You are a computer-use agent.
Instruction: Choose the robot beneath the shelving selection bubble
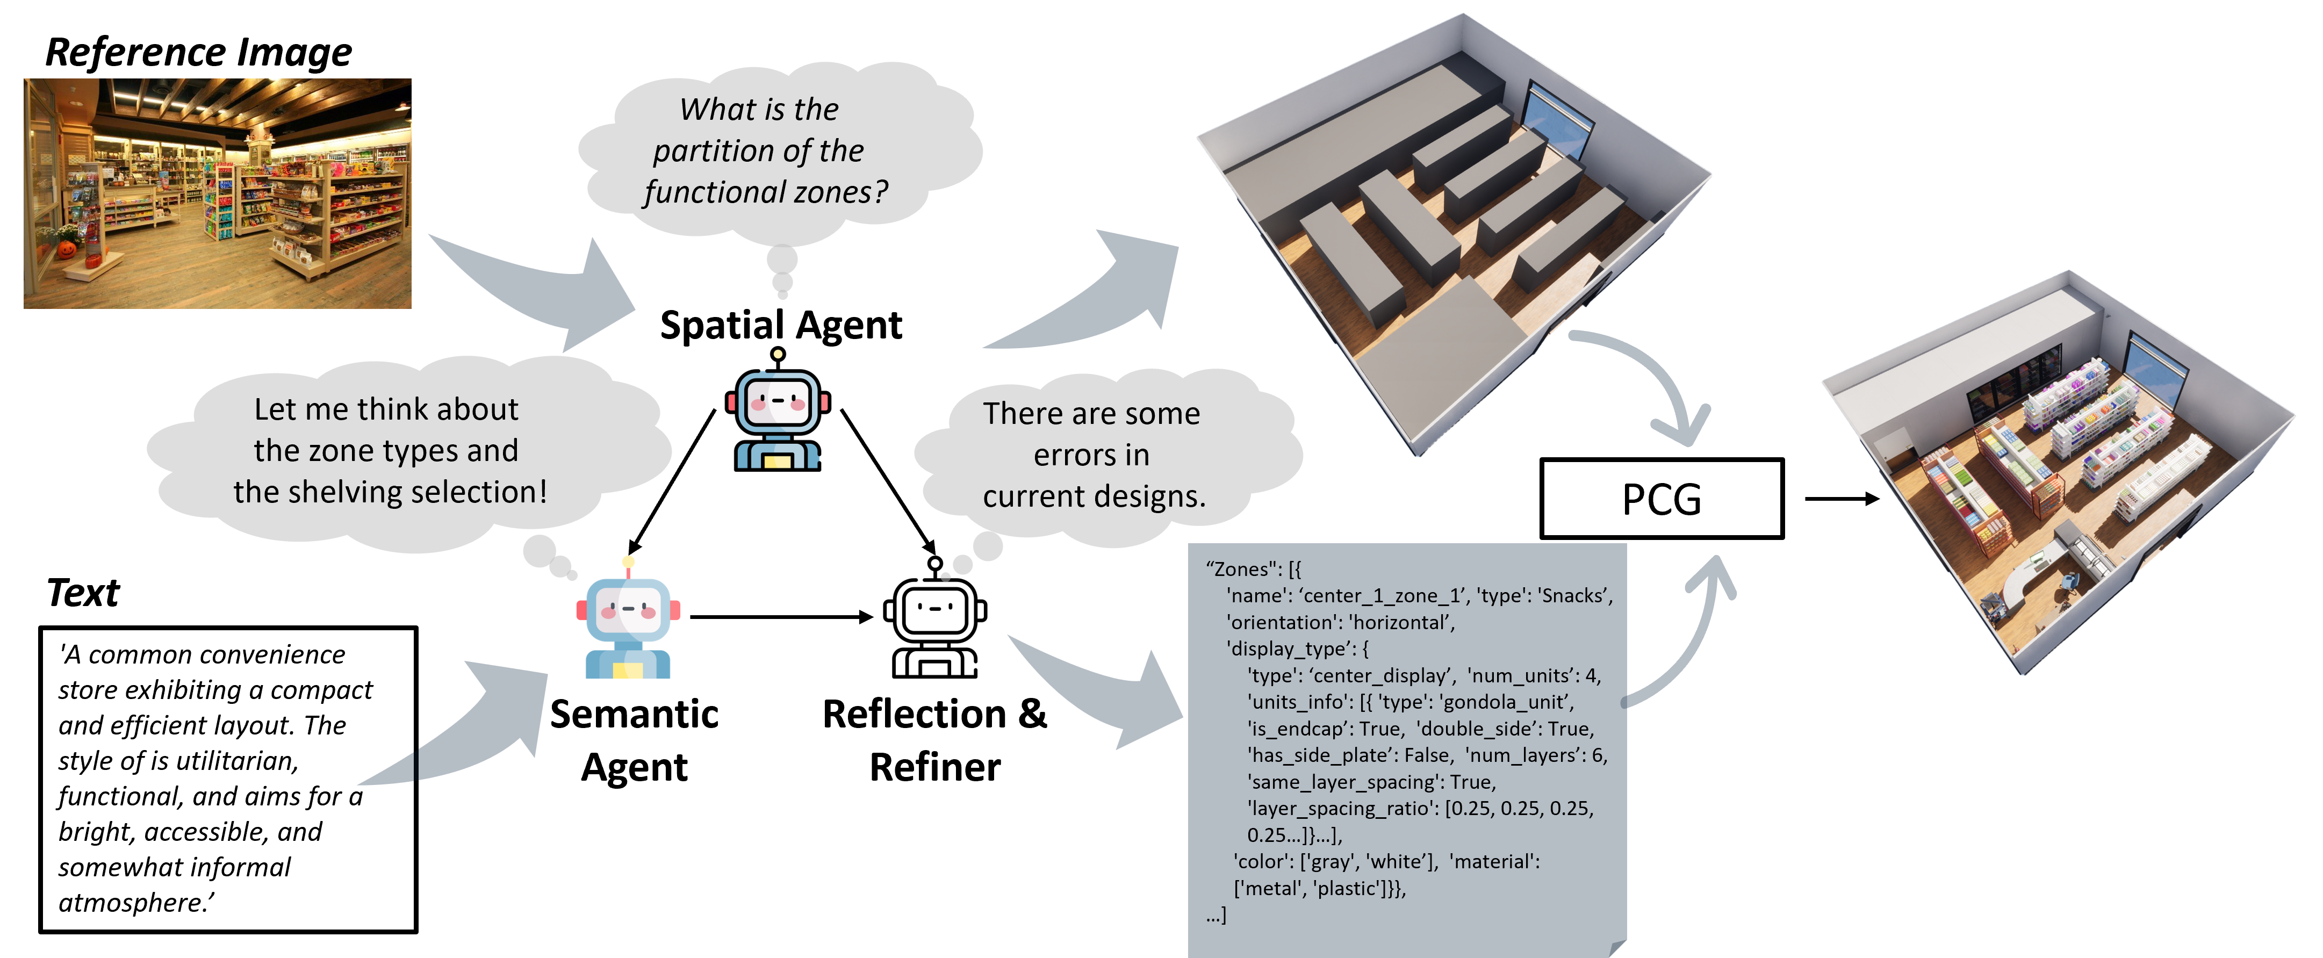pos(628,622)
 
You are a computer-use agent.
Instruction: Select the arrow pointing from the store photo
pos(541,289)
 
